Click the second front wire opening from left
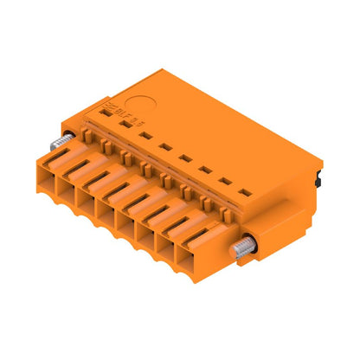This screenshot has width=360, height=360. (x=89, y=190)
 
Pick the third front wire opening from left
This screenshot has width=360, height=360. (x=107, y=203)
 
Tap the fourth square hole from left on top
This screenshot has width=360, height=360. (x=185, y=157)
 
